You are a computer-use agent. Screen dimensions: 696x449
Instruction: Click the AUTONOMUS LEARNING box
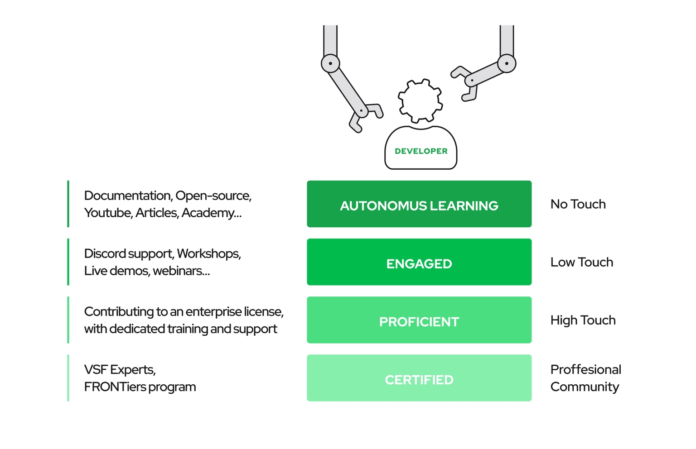click(419, 204)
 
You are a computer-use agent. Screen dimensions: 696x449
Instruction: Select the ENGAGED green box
click(419, 262)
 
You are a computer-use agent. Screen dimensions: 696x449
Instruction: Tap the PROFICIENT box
click(419, 320)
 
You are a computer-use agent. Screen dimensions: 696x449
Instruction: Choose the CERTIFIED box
click(419, 378)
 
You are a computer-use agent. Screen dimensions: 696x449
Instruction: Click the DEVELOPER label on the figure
click(421, 151)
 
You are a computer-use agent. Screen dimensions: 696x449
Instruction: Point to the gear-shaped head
click(420, 101)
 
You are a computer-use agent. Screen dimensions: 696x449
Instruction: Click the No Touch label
click(578, 204)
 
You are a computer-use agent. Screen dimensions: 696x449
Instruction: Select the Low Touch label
click(582, 262)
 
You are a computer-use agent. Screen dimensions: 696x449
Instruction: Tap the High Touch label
click(583, 320)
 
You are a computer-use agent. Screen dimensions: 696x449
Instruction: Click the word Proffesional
click(586, 369)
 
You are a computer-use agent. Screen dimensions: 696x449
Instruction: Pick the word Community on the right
click(585, 387)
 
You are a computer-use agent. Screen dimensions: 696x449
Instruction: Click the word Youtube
click(108, 213)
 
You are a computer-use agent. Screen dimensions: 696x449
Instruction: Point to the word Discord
click(105, 253)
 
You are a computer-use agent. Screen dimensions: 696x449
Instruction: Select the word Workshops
click(209, 254)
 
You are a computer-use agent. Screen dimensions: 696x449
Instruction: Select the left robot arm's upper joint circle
click(330, 63)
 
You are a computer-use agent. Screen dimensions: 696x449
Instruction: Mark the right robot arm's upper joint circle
click(507, 63)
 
